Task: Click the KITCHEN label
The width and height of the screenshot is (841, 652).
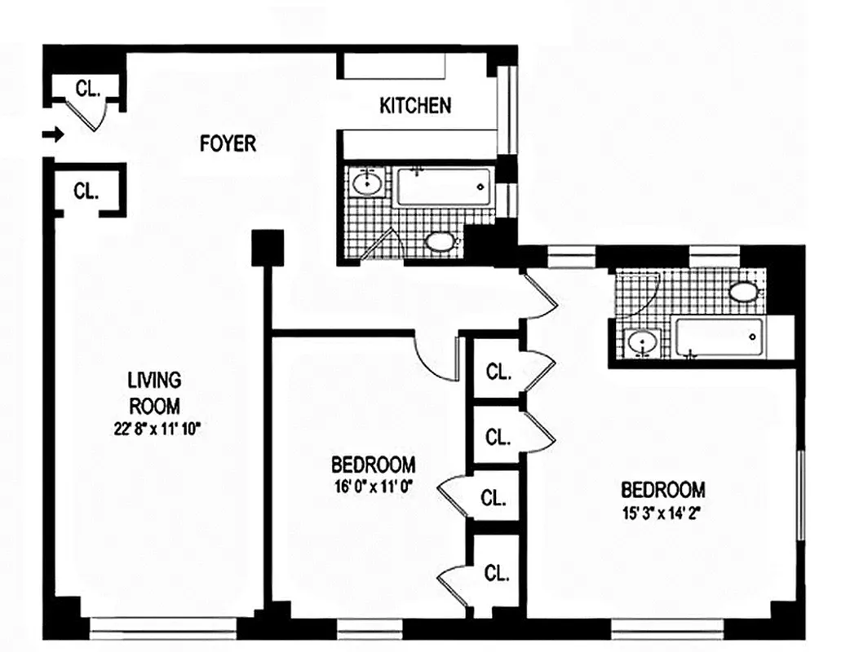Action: (414, 106)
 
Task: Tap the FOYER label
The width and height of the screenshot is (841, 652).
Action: (228, 144)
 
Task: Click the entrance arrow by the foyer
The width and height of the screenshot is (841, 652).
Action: (53, 134)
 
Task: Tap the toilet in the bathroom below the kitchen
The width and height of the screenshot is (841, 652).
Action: (441, 241)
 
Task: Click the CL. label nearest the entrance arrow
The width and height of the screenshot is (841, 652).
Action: (88, 88)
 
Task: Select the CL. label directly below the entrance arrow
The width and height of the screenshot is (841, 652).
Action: (86, 192)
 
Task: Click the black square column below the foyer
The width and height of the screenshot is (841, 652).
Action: (267, 247)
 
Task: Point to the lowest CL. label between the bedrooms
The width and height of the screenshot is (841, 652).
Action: (496, 573)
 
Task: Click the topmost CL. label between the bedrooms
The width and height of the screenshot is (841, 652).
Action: (498, 372)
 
